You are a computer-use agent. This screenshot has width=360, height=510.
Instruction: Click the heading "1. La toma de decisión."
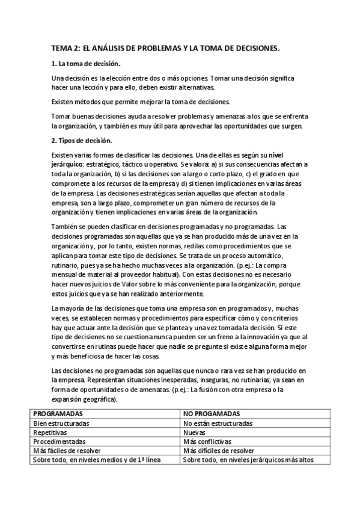click(86, 64)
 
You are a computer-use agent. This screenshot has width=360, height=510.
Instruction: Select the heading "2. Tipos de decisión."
click(82, 141)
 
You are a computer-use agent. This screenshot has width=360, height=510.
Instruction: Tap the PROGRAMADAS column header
click(58, 414)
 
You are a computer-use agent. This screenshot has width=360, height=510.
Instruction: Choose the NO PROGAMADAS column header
click(212, 414)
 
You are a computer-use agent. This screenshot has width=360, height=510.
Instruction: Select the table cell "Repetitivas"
click(50, 432)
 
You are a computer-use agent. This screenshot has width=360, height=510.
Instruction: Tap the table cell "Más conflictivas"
click(210, 441)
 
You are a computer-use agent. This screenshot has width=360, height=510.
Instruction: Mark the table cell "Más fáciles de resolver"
click(67, 450)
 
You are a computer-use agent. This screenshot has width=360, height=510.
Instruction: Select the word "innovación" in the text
click(264, 337)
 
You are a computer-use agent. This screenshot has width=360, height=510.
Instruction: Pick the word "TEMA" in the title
click(61, 48)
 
